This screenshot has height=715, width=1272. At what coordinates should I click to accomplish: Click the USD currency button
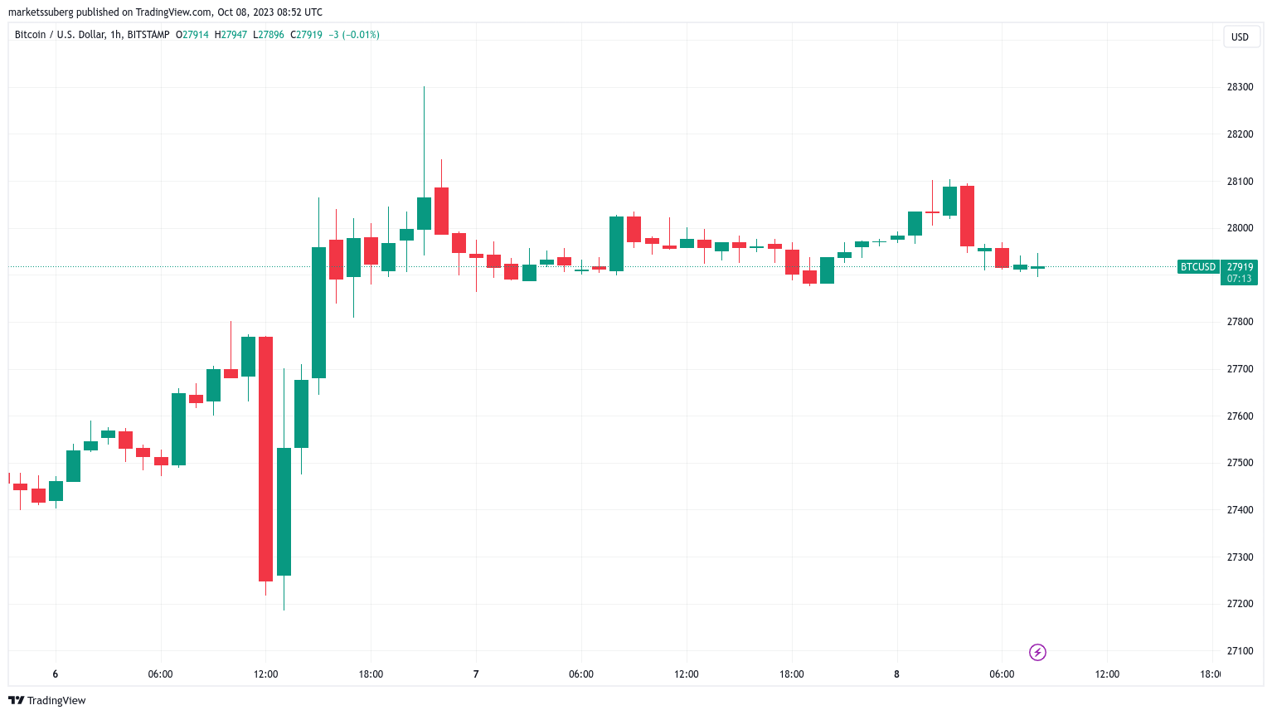click(1240, 36)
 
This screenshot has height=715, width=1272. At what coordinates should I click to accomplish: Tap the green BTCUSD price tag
click(1198, 267)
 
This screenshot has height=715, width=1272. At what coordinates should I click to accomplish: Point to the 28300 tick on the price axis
click(1240, 87)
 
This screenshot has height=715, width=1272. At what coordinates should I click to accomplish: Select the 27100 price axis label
click(1240, 651)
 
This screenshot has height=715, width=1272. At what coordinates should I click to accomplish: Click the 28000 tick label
click(1240, 228)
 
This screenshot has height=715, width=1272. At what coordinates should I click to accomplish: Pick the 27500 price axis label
click(1240, 463)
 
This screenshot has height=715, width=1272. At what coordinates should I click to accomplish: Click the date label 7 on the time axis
click(476, 674)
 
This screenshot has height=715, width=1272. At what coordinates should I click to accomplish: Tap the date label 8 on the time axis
click(896, 674)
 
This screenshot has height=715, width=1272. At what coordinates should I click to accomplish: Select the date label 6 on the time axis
click(56, 674)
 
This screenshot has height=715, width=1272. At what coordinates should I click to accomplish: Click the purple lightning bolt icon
click(1037, 653)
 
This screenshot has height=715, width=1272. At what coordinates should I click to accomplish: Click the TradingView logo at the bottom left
click(47, 700)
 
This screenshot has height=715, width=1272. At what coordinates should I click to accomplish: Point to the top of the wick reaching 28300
click(424, 87)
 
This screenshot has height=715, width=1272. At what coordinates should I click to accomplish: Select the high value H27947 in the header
click(231, 35)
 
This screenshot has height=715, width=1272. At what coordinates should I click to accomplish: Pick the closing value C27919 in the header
click(306, 35)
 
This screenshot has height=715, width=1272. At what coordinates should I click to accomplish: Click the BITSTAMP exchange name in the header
click(148, 35)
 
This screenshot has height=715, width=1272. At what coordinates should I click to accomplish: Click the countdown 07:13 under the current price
click(1239, 279)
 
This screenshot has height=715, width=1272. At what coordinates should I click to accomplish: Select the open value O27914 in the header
click(192, 35)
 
